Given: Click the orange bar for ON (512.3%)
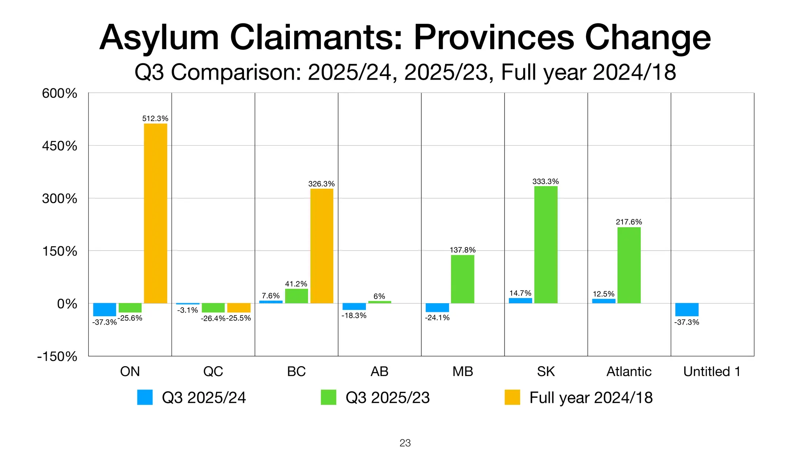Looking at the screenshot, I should [155, 213].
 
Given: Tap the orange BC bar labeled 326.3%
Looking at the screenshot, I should [322, 246].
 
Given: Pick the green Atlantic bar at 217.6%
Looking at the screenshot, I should [629, 265].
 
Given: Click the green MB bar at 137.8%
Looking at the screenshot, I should [463, 279].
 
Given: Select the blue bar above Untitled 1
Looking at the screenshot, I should [687, 310].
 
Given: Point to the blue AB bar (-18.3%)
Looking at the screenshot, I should [354, 306].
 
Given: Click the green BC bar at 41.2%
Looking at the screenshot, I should [296, 296].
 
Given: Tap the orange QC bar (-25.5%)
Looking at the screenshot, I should [239, 308].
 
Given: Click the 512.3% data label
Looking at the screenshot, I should [155, 118].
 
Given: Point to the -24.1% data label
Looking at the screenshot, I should [437, 317].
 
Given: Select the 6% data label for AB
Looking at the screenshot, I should [379, 296].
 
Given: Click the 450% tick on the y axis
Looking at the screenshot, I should [59, 146].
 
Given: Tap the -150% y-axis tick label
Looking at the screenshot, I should [57, 356].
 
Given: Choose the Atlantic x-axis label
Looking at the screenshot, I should [629, 371].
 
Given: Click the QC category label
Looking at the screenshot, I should [213, 371].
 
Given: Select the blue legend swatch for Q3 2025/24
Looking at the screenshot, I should [145, 397].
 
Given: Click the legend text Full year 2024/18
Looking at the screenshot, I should [591, 397].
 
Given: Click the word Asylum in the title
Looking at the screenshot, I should [159, 38].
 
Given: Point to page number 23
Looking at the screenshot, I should [405, 443].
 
